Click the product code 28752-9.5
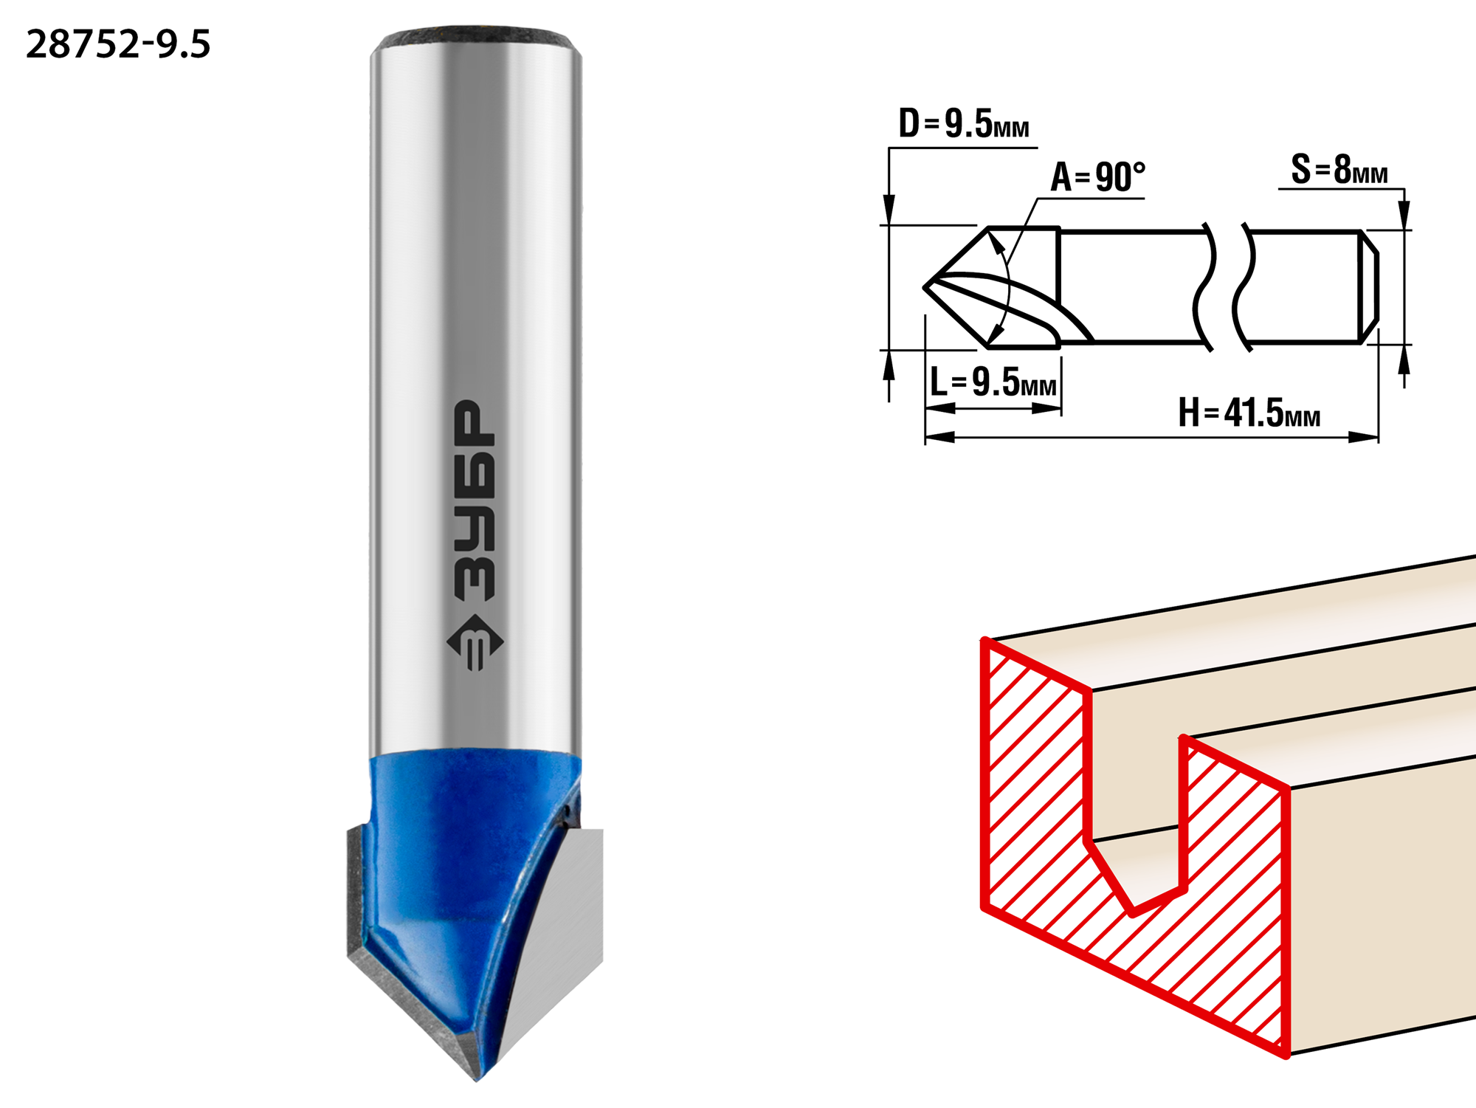118,44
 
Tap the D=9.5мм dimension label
964,123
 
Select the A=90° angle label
1098,177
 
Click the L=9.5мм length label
993,382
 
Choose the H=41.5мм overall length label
1249,413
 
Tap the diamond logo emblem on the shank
475,642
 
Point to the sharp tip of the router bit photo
477,1080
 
